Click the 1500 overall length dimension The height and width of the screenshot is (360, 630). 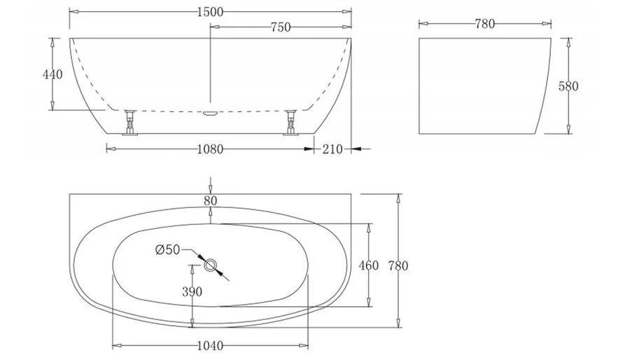pyautogui.click(x=210, y=12)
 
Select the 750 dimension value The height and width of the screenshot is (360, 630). pyautogui.click(x=281, y=27)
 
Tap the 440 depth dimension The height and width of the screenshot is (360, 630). pyautogui.click(x=52, y=74)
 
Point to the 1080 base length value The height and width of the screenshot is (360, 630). pyautogui.click(x=210, y=149)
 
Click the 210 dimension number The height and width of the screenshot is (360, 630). pyautogui.click(x=332, y=149)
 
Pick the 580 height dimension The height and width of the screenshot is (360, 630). pyautogui.click(x=568, y=86)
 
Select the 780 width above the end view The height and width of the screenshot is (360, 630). pyautogui.click(x=485, y=24)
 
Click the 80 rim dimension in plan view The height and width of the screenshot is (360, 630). pyautogui.click(x=210, y=201)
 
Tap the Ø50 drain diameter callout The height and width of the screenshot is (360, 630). pyautogui.click(x=167, y=250)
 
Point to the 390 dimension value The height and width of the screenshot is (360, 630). pyautogui.click(x=192, y=291)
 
